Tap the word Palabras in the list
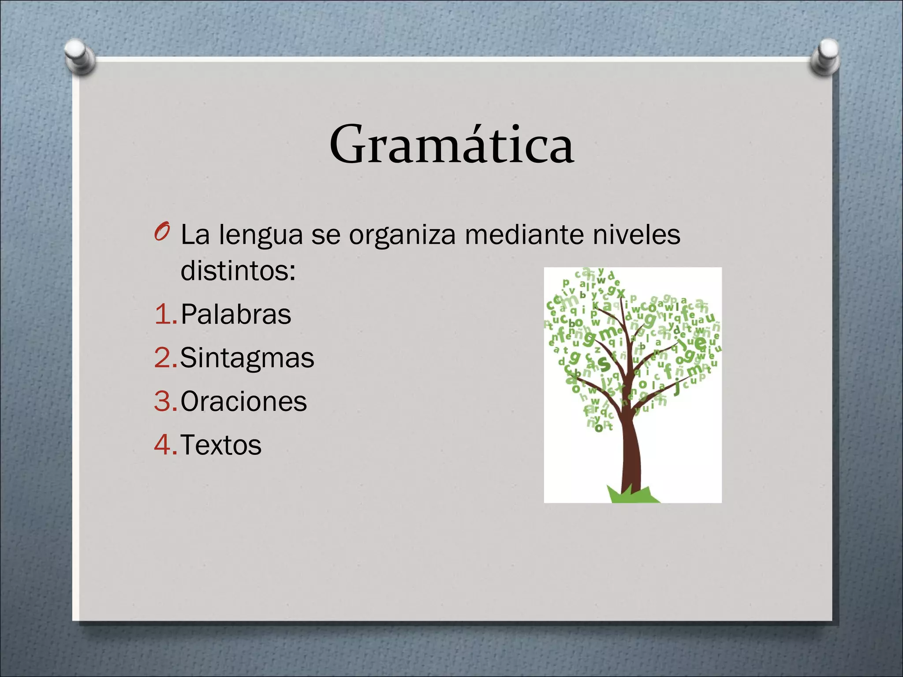point(236,314)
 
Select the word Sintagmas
point(247,358)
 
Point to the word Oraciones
point(243,401)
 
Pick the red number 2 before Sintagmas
point(163,358)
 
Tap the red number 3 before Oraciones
point(163,401)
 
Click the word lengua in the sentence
point(261,235)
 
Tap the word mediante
point(524,234)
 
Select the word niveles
point(636,234)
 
